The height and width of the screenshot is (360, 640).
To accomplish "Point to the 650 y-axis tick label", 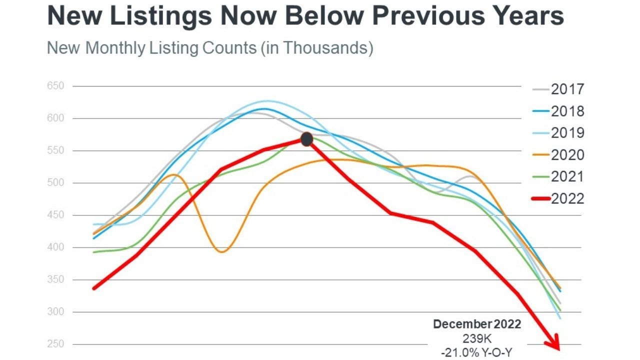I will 56,86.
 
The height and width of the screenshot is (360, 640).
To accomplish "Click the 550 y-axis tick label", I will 56,150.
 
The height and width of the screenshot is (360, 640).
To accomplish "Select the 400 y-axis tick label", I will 56,247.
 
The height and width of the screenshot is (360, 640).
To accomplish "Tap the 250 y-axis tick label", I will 56,344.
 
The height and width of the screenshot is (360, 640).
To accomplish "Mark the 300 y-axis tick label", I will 56,311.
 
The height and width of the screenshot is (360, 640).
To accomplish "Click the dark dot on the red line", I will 306,139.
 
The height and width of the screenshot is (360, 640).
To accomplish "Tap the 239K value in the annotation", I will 476,339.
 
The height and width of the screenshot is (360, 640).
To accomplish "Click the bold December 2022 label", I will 476,324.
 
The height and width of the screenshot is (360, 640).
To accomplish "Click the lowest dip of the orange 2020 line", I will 222,251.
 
